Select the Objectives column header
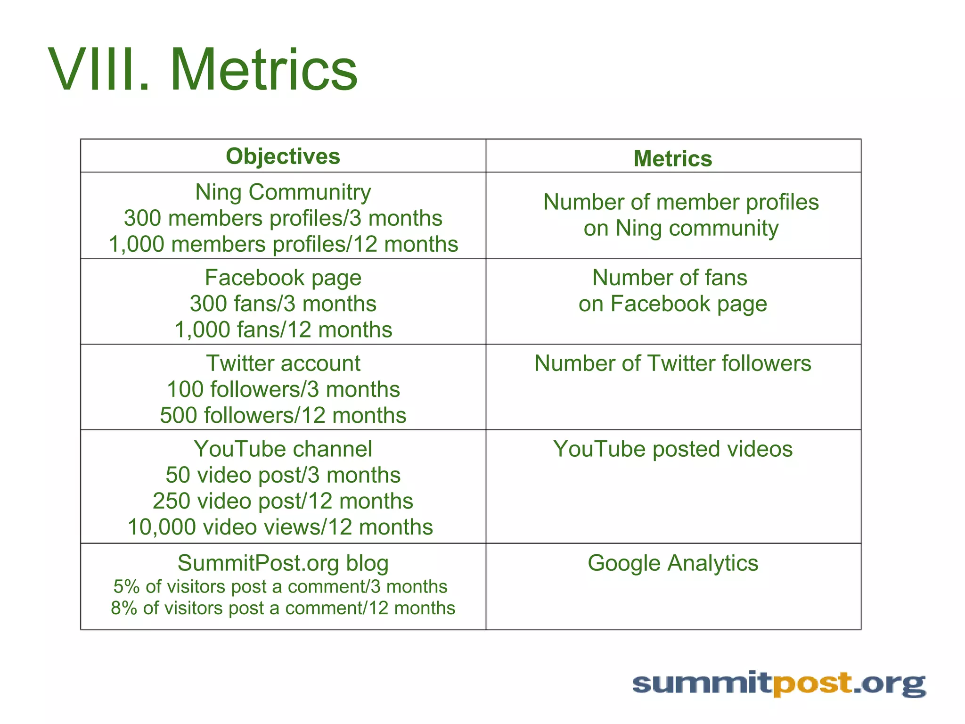(x=283, y=156)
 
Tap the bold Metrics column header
(x=672, y=158)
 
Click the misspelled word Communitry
(x=310, y=192)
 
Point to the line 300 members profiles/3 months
(x=283, y=218)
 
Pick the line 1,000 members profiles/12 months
(x=283, y=244)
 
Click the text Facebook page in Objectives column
(x=283, y=278)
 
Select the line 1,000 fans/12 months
(x=283, y=329)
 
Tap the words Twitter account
(x=283, y=363)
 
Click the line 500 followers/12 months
(x=283, y=415)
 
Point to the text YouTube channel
(x=283, y=449)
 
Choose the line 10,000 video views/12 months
(x=280, y=527)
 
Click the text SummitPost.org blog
(x=283, y=563)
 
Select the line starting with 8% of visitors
(x=283, y=608)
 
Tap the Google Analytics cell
(x=672, y=563)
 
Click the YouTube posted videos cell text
(x=672, y=449)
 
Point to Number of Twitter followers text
(x=672, y=363)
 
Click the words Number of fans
(x=669, y=278)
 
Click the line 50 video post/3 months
(x=283, y=475)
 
